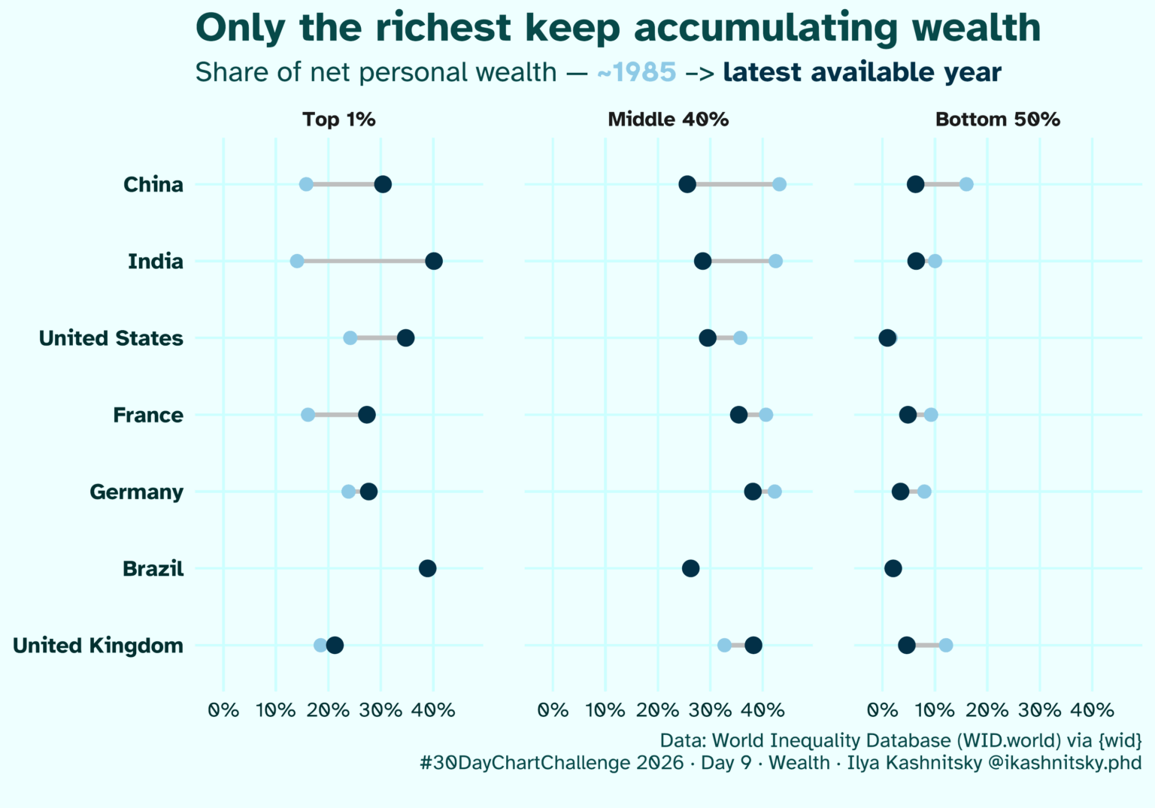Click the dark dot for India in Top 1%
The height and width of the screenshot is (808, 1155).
pos(433,261)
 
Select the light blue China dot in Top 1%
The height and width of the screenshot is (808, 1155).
pos(306,184)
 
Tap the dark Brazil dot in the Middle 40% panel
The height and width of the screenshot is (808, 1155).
pos(690,568)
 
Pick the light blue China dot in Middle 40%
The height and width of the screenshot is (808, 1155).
pos(779,184)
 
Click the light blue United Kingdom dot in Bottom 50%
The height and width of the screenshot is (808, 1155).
pos(946,645)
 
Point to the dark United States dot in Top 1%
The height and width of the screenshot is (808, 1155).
pos(405,337)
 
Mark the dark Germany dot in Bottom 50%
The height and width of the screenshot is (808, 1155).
pos(900,492)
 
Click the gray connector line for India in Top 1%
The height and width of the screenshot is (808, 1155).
pos(365,261)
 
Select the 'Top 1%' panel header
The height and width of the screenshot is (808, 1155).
pos(338,120)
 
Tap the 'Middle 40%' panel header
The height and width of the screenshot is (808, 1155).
pos(668,120)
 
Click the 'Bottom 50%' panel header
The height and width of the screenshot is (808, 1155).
pos(997,120)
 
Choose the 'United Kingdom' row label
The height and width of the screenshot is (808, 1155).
pos(98,646)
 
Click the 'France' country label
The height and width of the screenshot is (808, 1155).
pos(148,415)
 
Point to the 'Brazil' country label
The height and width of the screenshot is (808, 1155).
pos(153,569)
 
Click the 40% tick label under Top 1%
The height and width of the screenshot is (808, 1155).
pos(433,710)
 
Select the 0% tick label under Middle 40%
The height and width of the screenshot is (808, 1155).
pos(553,710)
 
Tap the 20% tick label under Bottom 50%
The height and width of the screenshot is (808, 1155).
pos(987,710)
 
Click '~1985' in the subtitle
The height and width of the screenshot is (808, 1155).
pos(636,72)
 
